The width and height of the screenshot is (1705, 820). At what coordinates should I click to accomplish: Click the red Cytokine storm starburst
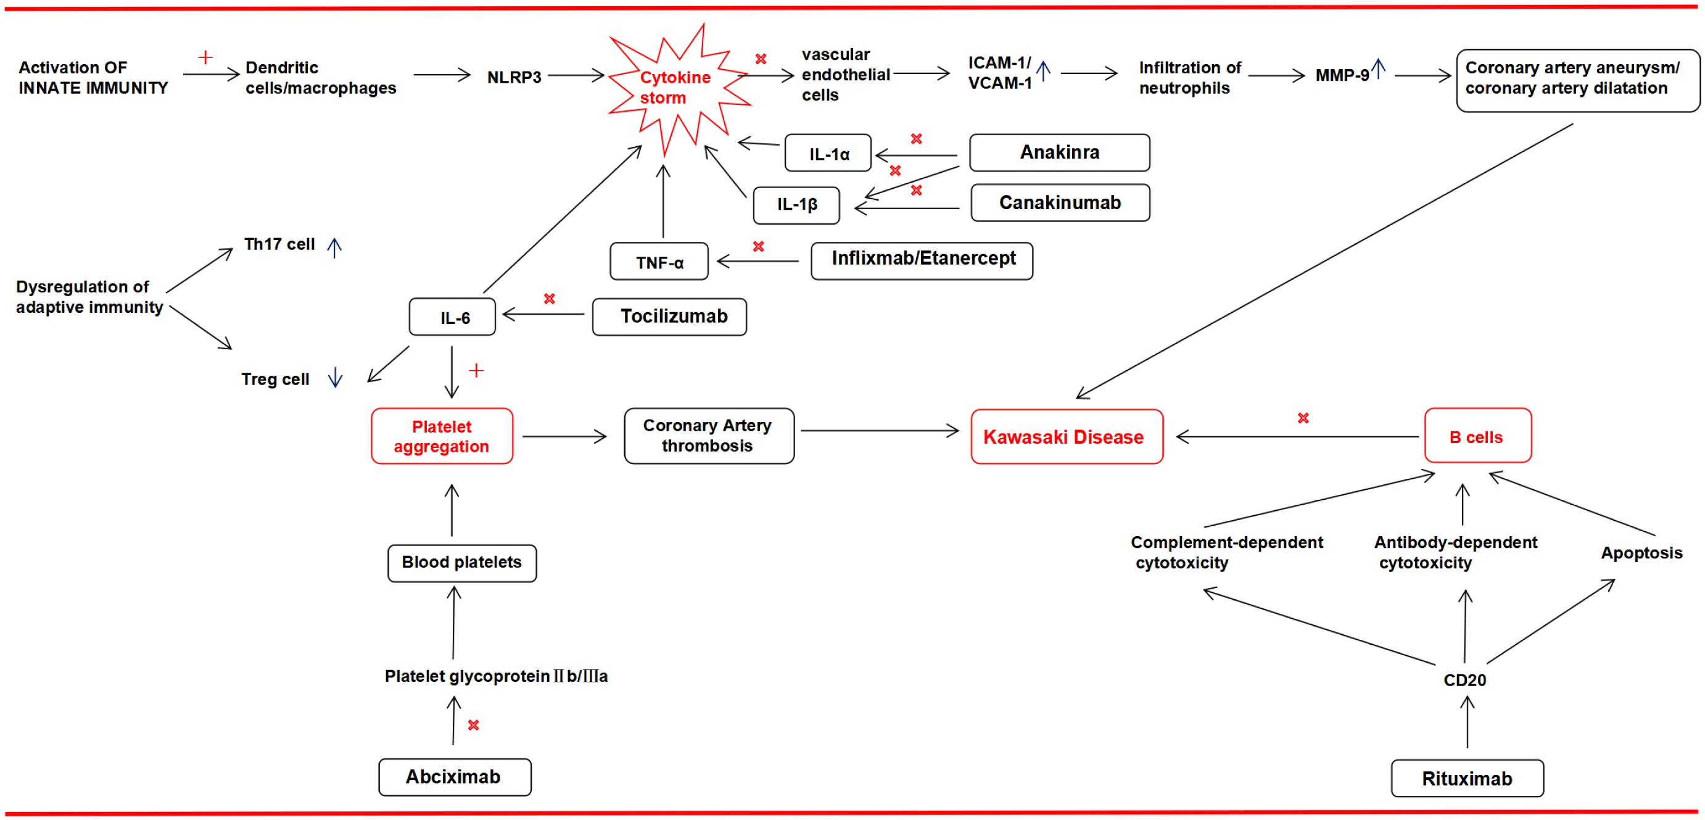click(675, 88)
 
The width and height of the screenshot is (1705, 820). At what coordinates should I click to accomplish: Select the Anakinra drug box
click(1059, 152)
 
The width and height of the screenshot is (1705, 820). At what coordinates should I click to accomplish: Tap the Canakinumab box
click(1060, 202)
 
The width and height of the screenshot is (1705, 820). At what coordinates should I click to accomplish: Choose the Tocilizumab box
click(669, 317)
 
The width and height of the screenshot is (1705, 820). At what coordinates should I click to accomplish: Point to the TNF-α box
click(659, 262)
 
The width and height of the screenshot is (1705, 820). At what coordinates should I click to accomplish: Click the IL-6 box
click(453, 318)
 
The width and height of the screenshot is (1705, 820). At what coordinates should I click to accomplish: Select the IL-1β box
click(796, 204)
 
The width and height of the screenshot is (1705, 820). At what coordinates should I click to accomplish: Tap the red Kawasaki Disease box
click(1067, 437)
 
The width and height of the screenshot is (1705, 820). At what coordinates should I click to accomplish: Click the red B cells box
click(1477, 436)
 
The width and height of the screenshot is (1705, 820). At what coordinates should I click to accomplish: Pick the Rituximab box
click(1467, 778)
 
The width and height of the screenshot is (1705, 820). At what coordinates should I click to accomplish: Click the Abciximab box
click(455, 777)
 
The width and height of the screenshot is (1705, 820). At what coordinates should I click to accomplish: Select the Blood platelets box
click(462, 563)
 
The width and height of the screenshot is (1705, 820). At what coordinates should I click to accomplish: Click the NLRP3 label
click(514, 77)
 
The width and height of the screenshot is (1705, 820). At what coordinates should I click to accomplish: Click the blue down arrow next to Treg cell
click(336, 377)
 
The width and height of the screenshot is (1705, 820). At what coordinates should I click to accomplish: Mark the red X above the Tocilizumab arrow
click(550, 299)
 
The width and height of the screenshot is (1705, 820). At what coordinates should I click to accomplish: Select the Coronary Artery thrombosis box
click(709, 436)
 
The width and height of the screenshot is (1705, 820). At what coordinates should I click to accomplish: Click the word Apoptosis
click(1641, 553)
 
